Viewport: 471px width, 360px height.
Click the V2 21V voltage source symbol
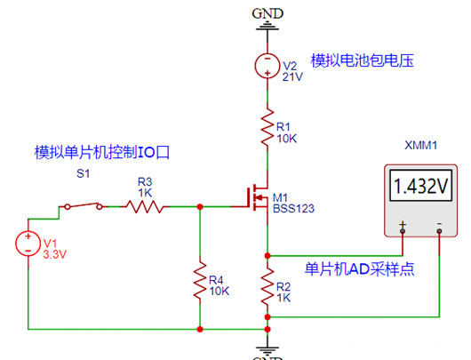tap(266, 66)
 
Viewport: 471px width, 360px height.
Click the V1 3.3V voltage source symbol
tap(28, 243)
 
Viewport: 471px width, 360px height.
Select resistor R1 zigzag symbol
tap(266, 129)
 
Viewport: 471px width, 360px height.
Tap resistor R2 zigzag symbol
tap(266, 286)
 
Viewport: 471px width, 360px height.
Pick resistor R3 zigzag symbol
tap(144, 206)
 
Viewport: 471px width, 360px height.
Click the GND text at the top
tap(267, 12)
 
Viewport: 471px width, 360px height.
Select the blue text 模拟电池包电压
tap(363, 60)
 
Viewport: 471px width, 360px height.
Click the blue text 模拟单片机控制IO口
tap(101, 152)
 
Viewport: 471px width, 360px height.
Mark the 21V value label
tap(293, 76)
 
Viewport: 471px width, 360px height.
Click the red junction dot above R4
tap(199, 206)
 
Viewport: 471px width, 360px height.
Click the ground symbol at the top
tap(266, 28)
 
